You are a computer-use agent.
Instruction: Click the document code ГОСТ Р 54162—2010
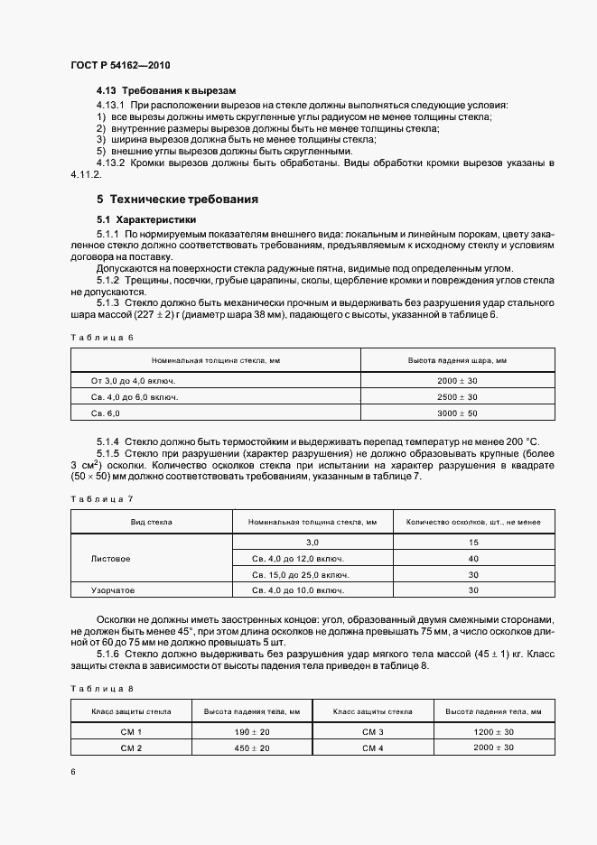click(119, 67)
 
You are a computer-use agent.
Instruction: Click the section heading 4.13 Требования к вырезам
click(166, 92)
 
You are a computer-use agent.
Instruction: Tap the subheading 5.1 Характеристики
click(147, 219)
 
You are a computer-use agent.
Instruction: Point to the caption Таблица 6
click(101, 337)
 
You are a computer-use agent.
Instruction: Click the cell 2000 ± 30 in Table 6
click(457, 382)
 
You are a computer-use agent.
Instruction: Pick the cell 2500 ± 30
click(457, 397)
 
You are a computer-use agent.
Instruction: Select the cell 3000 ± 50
click(457, 413)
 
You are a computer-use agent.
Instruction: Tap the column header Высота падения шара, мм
click(457, 360)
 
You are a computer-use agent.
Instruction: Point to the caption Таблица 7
click(101, 498)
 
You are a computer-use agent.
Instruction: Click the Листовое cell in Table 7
click(111, 559)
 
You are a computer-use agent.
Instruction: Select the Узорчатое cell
click(113, 590)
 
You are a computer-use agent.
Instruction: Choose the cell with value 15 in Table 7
click(472, 543)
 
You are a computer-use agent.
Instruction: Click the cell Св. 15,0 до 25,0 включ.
click(302, 574)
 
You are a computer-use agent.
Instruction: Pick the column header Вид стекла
click(152, 522)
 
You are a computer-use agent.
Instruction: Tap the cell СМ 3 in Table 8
click(373, 732)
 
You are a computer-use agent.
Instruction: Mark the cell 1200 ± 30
click(492, 732)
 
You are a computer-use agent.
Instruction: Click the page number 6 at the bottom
click(73, 772)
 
